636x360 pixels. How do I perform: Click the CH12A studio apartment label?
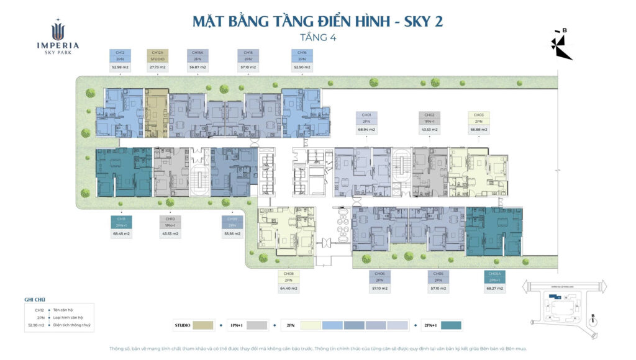[157, 52]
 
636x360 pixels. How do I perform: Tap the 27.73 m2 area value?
[157, 66]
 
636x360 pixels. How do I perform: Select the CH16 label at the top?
[302, 52]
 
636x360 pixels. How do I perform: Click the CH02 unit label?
[429, 115]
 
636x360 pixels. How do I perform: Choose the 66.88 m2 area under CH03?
[478, 130]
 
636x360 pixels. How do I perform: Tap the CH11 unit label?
[120, 218]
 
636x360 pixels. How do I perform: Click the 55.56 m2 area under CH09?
[232, 234]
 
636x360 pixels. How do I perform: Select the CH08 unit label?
[288, 274]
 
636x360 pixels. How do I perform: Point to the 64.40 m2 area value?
[288, 289]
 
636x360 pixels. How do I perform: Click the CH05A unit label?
[494, 274]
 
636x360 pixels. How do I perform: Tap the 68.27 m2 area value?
[494, 289]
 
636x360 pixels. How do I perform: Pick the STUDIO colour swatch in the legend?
[203, 325]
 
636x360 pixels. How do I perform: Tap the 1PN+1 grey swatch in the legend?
[257, 325]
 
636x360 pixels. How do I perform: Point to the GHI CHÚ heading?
[35, 299]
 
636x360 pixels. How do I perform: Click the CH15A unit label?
[198, 52]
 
